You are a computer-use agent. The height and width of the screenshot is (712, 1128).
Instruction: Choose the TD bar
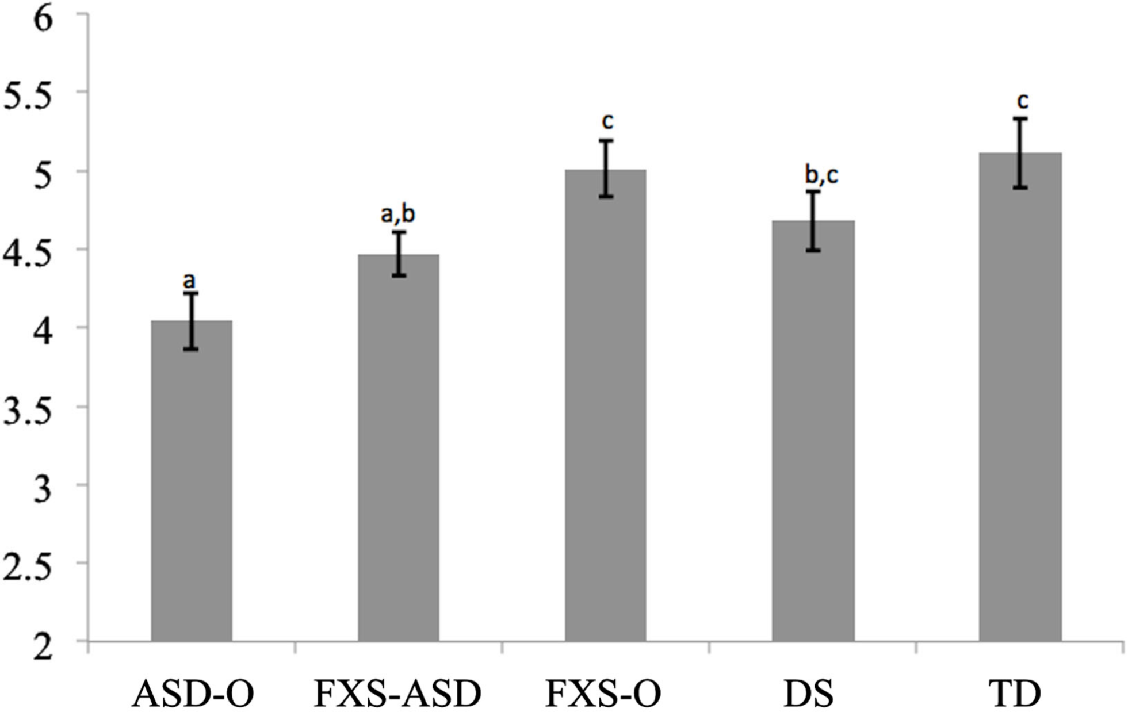point(1020,397)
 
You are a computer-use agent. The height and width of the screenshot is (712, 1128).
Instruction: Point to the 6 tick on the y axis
point(43,20)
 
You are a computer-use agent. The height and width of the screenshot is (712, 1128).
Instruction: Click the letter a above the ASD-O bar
point(189,281)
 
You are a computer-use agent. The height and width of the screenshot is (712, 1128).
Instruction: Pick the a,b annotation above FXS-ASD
point(397,215)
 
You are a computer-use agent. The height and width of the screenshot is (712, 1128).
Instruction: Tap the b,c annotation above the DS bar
point(821,175)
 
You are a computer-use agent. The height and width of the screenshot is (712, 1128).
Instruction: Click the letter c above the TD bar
point(1022,101)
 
